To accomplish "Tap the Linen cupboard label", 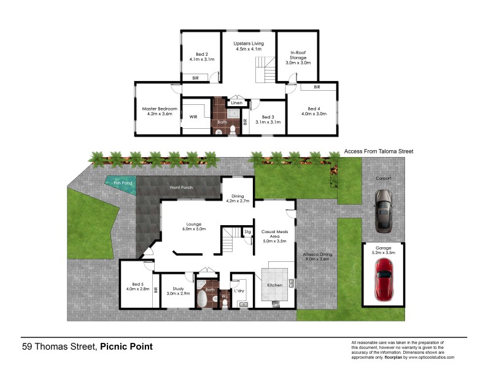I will tap(236, 102).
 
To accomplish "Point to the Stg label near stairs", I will tap(247, 232).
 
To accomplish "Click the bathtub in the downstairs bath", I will tap(202, 299).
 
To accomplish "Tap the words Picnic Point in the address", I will tap(126, 347).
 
